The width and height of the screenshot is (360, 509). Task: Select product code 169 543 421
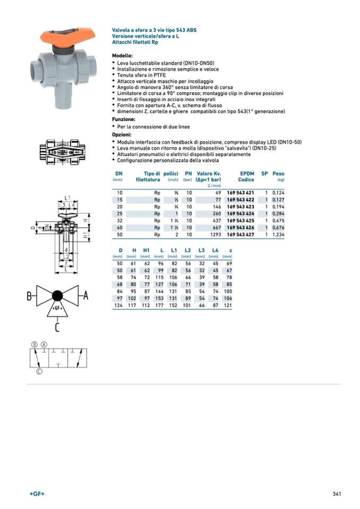(x=240, y=192)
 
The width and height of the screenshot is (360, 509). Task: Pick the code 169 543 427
(x=240, y=234)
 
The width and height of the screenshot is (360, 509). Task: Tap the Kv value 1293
(x=215, y=234)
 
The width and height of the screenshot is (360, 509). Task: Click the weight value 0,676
(x=278, y=227)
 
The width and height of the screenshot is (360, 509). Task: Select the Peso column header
(x=278, y=174)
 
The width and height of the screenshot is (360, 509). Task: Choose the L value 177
(x=160, y=305)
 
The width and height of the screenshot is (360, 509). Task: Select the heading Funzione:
(x=123, y=119)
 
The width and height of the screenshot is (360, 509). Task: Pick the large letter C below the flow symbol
(x=57, y=327)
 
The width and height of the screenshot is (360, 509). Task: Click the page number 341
(x=336, y=494)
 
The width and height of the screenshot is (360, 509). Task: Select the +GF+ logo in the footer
(x=37, y=494)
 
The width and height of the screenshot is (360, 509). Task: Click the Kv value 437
(x=216, y=220)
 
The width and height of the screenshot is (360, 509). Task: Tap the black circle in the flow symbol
(x=58, y=295)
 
